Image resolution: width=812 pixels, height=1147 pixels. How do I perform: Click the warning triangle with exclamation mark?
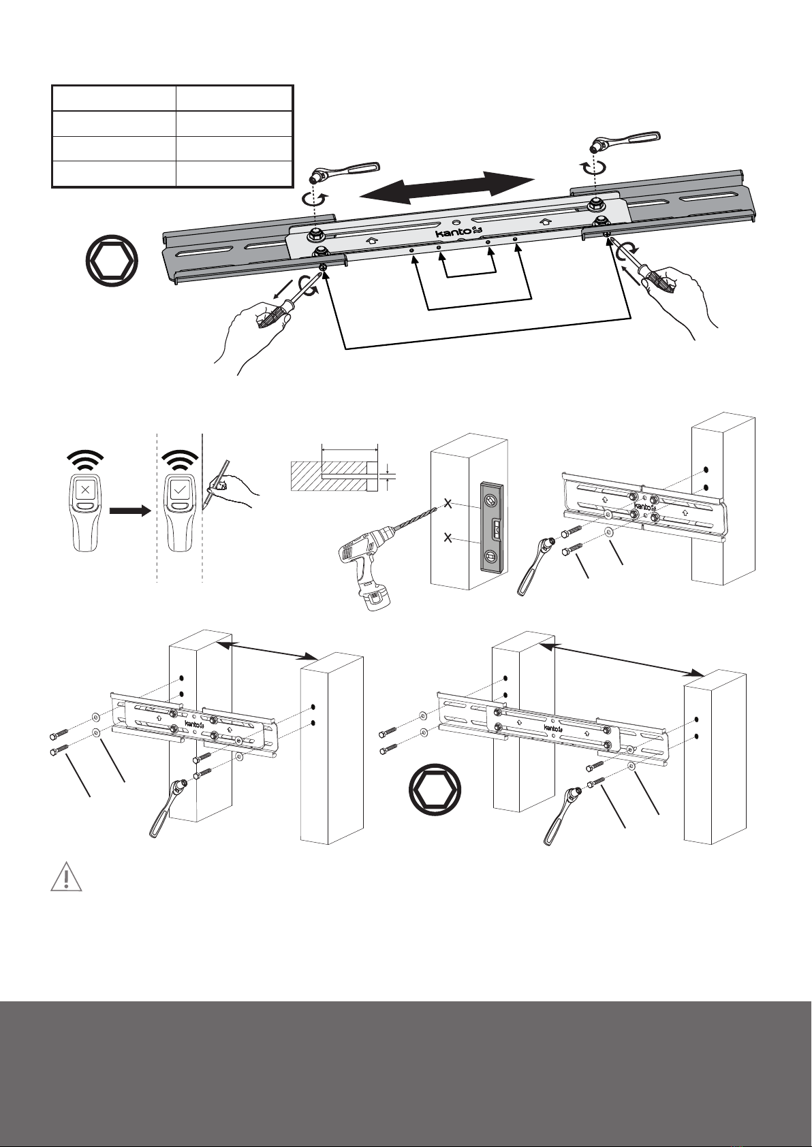coord(66,877)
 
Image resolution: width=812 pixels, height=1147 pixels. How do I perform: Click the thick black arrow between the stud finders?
coord(130,511)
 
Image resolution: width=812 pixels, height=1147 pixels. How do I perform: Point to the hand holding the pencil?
coord(234,489)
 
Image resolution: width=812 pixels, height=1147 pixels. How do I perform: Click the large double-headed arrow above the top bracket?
coord(448,187)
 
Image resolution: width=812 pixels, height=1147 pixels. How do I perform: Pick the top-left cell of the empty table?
coord(114,98)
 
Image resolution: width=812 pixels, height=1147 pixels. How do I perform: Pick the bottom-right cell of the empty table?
coord(234,174)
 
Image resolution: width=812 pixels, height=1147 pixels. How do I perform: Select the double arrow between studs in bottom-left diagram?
coord(268,650)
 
